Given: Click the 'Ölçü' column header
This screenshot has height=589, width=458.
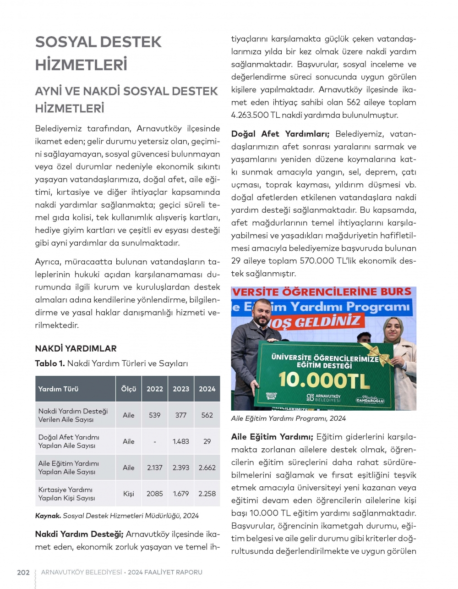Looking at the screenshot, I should [x=129, y=389].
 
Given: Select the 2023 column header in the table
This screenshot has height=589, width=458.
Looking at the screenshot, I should [x=181, y=389].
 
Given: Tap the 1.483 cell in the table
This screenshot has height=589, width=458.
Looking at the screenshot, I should [x=181, y=441].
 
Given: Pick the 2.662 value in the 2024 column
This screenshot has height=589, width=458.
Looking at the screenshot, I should [x=207, y=468].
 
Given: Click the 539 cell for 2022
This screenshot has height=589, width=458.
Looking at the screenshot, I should [x=155, y=415].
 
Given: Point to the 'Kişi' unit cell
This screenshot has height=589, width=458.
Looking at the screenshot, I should [x=129, y=494].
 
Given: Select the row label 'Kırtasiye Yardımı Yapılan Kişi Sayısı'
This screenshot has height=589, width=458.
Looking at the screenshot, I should [x=67, y=494].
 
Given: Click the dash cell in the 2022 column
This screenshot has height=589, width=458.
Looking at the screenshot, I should [x=155, y=441].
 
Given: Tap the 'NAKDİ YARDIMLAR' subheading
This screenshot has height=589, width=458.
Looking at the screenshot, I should [x=76, y=348].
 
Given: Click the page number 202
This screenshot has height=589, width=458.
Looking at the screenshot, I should [x=23, y=572].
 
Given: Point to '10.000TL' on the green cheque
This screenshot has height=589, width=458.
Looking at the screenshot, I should [x=324, y=380].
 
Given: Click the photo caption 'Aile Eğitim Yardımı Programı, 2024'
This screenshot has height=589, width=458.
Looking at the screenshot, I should [x=289, y=418].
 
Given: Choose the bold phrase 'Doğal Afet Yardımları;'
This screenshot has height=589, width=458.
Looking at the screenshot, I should [x=280, y=134].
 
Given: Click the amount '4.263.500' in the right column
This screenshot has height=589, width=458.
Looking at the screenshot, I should [x=250, y=115].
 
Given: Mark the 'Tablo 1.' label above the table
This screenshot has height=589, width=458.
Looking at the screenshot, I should [x=49, y=363].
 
